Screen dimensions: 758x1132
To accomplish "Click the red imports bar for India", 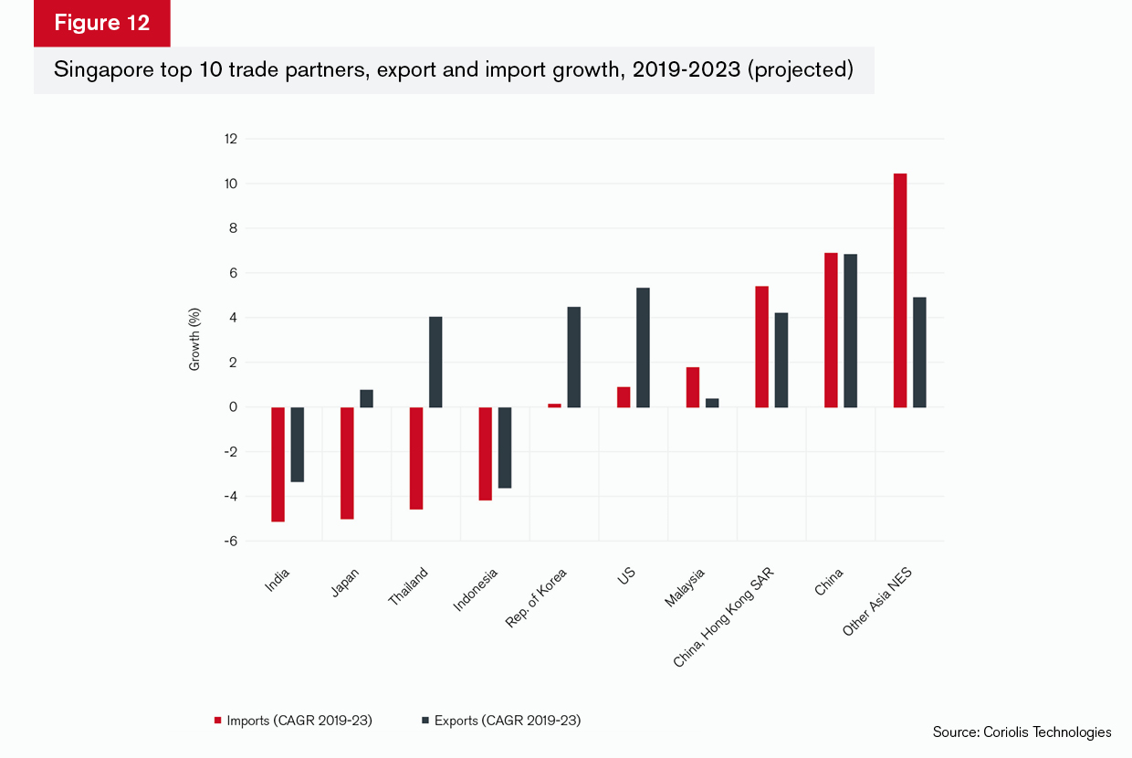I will tap(278, 464).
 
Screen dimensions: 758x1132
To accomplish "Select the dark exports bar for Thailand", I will tap(435, 362).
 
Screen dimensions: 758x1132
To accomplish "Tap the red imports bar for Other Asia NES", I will tap(900, 290).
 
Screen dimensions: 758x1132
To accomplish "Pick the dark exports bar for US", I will tap(643, 347).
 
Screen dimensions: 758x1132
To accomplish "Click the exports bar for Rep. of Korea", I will tap(574, 357).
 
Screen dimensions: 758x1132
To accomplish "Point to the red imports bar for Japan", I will tap(347, 463).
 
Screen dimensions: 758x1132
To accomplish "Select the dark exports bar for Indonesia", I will tap(505, 447).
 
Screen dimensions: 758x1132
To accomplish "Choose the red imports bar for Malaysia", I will tap(693, 387).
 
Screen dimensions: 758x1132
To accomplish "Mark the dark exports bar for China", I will tap(851, 331).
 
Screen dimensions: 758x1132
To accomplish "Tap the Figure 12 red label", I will tap(101, 24).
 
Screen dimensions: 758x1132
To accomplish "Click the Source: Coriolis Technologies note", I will tap(1022, 732).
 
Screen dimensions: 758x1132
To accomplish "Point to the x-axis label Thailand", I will tap(410, 587).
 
